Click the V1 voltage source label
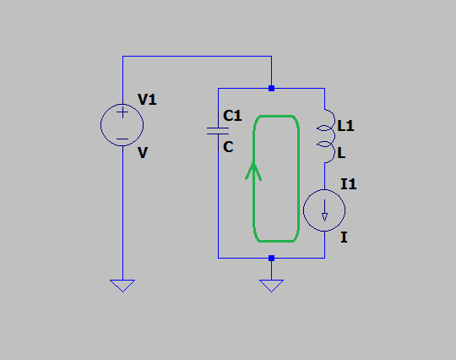[x=147, y=100]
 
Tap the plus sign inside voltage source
[x=122, y=112]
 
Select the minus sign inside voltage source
[x=122, y=139]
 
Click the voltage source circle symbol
[x=100, y=125]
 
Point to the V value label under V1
[x=143, y=152]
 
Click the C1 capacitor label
[x=232, y=116]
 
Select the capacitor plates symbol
[x=218, y=131]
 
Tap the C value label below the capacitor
[x=228, y=147]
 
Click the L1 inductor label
[x=345, y=126]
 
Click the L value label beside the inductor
[x=341, y=153]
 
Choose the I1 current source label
[x=349, y=184]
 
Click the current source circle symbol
[x=303, y=210]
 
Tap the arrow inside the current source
[x=324, y=210]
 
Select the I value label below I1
[x=344, y=237]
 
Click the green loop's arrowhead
[x=253, y=170]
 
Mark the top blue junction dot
[x=271, y=88]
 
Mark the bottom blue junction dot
[x=271, y=258]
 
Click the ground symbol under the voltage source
[x=122, y=286]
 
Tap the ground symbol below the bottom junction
[x=271, y=286]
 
